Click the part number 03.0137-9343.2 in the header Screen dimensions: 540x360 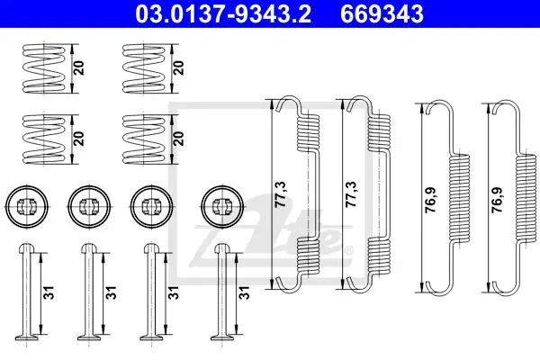223,13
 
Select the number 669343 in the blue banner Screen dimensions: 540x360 382,13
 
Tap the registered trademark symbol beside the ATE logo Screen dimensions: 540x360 349,250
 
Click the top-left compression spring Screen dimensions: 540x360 44,68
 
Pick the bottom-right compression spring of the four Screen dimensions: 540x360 144,139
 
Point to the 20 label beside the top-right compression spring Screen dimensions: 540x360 179,67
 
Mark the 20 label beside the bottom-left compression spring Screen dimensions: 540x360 79,138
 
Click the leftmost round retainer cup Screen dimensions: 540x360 27,207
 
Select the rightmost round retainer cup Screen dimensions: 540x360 223,207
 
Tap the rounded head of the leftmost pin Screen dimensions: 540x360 27,248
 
